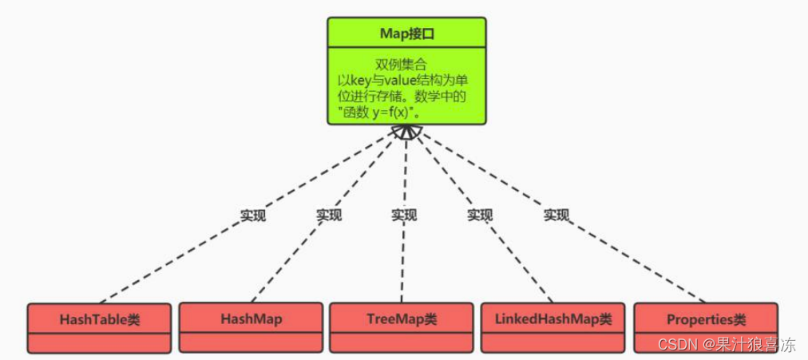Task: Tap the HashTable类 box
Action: (x=99, y=319)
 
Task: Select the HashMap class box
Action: (x=251, y=318)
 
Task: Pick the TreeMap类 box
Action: (x=402, y=318)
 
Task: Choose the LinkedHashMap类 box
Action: (x=553, y=318)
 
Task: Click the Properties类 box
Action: (x=706, y=319)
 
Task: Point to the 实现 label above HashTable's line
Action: (x=253, y=216)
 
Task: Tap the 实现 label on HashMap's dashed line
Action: (x=328, y=215)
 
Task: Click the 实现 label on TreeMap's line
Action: (x=404, y=215)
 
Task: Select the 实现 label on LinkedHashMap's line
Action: (x=480, y=215)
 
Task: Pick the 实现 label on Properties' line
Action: (x=556, y=215)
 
